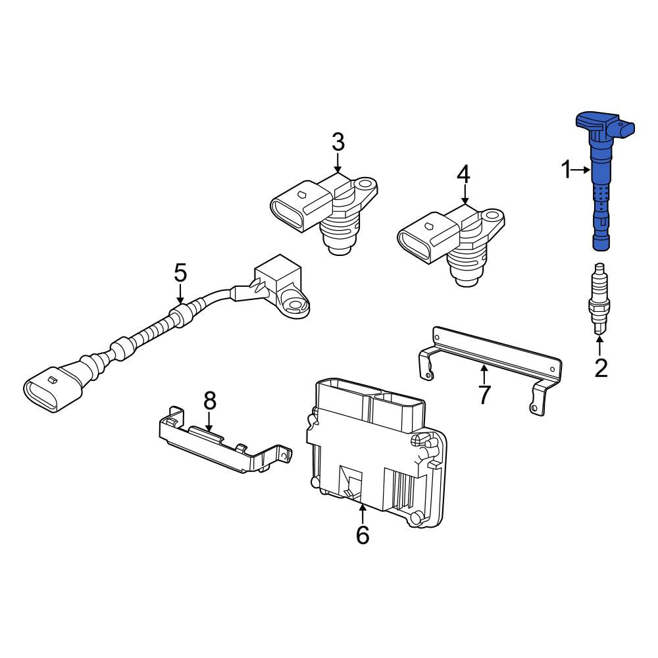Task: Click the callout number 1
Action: [567, 170]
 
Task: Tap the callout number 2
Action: [601, 368]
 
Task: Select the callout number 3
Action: [338, 142]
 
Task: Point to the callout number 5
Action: [180, 273]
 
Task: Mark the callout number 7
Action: [484, 394]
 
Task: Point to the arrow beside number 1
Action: [582, 170]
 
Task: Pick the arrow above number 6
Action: [363, 515]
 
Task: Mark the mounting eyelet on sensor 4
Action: [492, 216]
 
